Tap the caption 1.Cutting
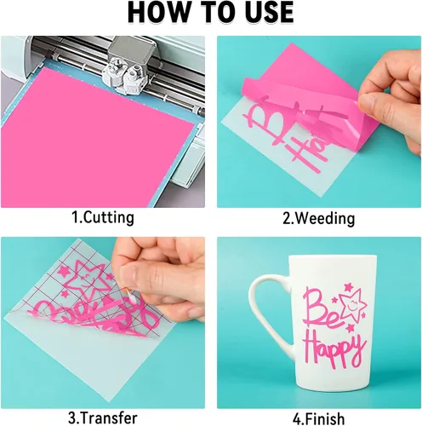pyautogui.click(x=103, y=217)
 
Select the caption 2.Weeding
pyautogui.click(x=319, y=218)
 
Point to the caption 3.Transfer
pyautogui.click(x=103, y=417)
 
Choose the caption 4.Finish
pyautogui.click(x=319, y=418)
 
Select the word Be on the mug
pyautogui.click(x=321, y=309)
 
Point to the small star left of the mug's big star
pyautogui.click(x=334, y=299)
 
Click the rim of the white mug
pyautogui.click(x=333, y=256)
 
